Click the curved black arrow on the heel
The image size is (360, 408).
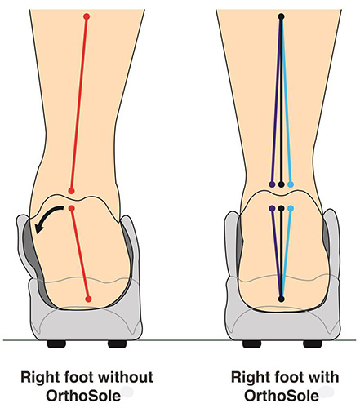point(46,217)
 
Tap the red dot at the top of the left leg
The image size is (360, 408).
point(87,16)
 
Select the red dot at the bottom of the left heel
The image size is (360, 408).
point(88,299)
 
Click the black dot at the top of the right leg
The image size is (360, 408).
point(281,16)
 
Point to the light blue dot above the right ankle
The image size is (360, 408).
point(291,184)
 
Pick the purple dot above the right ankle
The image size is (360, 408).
point(272,184)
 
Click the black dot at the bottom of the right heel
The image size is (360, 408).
point(282,299)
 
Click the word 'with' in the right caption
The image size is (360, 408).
point(323,377)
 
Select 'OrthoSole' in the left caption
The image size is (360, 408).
point(83,396)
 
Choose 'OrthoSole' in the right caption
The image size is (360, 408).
point(282,396)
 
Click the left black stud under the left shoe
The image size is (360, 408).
point(56,344)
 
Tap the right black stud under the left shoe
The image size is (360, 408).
point(117,344)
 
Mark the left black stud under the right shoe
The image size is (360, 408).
point(252,344)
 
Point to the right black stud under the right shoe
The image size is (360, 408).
point(313,344)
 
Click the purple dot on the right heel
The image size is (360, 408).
point(272,209)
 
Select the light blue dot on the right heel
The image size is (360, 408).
point(291,209)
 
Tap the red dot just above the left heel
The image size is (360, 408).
point(71,191)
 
